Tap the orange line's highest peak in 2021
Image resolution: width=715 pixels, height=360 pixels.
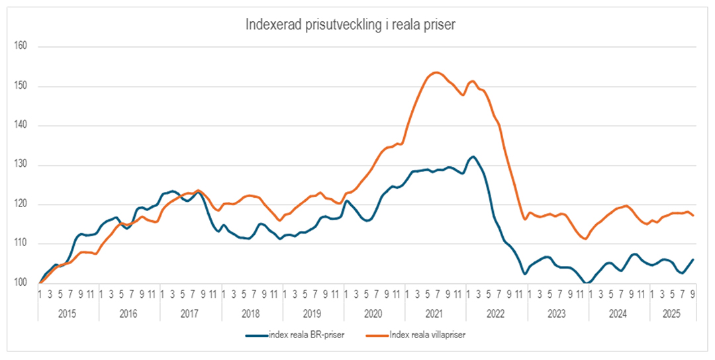436,72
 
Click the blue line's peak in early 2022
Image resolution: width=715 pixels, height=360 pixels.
472,157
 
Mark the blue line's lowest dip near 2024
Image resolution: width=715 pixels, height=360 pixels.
587,283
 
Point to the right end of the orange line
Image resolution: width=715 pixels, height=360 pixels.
693,216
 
